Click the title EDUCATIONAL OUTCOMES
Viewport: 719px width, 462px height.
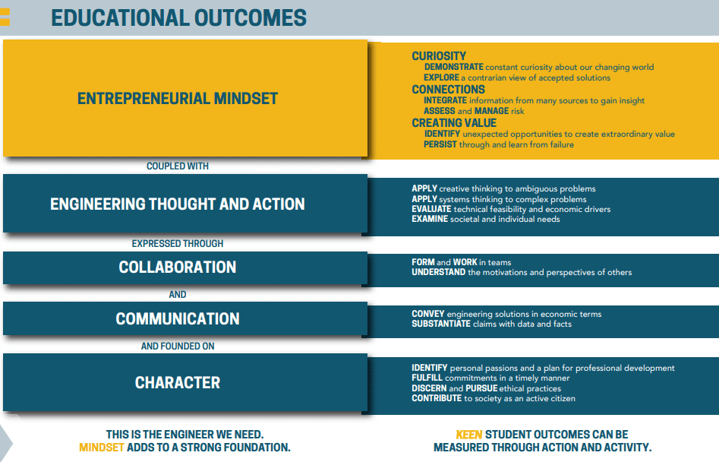[x=178, y=18]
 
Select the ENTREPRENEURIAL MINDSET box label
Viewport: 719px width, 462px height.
[x=178, y=99]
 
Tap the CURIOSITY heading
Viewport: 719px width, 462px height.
[x=439, y=56]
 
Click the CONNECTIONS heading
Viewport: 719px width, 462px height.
[x=448, y=90]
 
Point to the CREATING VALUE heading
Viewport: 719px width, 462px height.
[x=454, y=123]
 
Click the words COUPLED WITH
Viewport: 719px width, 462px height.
[x=178, y=166]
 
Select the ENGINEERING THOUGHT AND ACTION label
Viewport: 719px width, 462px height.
[x=178, y=204]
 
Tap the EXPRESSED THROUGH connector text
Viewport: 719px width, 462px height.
[x=178, y=244]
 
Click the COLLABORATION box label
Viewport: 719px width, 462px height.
[x=178, y=267]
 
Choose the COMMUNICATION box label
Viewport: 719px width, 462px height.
[x=178, y=319]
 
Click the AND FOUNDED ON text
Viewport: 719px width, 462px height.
[x=178, y=346]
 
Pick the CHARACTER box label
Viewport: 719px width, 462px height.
[x=178, y=383]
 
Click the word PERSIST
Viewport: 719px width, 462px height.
[x=440, y=144]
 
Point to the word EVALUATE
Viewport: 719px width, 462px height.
[x=431, y=209]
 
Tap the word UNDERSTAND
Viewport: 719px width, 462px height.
[x=438, y=272]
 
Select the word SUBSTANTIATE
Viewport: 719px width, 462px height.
[x=441, y=324]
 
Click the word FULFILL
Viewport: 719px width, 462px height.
[x=427, y=378]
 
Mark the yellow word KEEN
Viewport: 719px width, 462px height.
[x=468, y=435]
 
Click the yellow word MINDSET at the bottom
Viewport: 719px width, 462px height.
[x=101, y=448]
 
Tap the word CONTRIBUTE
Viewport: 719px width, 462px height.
[x=437, y=398]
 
